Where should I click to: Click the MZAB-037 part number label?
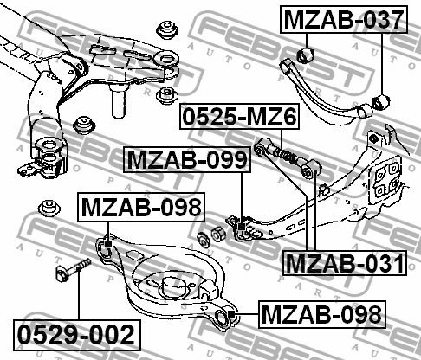click(x=344, y=19)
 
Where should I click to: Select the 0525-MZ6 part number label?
click(x=240, y=116)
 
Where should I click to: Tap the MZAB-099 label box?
click(x=187, y=159)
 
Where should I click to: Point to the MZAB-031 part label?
click(x=345, y=263)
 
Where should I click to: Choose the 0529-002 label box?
click(x=77, y=335)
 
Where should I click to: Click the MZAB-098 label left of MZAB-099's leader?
click(x=141, y=207)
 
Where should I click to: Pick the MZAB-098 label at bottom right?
click(x=322, y=314)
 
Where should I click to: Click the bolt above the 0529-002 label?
click(x=74, y=269)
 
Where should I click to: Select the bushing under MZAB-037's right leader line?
click(x=381, y=101)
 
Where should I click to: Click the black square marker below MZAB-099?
click(x=242, y=227)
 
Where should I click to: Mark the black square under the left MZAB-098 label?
click(x=108, y=244)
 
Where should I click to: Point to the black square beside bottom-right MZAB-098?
click(x=231, y=314)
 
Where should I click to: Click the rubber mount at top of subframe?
click(x=167, y=29)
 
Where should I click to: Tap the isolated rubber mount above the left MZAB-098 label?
click(x=49, y=208)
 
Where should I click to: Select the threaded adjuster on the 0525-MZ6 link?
click(x=285, y=155)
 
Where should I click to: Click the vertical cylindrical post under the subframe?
click(x=119, y=100)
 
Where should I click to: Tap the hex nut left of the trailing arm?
click(x=219, y=234)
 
